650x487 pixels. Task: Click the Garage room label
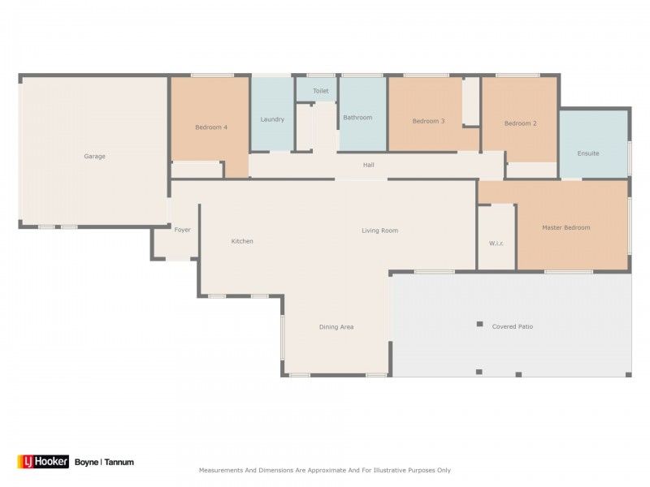point(95,157)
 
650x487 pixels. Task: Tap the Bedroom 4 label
point(211,127)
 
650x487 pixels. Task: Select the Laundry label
point(272,119)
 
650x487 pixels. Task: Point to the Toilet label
point(321,91)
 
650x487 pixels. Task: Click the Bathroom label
point(357,118)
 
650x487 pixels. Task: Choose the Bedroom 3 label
point(428,121)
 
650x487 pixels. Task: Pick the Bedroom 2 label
point(520,123)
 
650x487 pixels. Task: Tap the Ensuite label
point(588,153)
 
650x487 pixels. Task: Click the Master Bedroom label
point(565,228)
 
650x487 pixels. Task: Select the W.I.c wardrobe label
point(497,243)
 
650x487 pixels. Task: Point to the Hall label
point(369,166)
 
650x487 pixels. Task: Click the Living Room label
point(379,231)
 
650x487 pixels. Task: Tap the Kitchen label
point(242,241)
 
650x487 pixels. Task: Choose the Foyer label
point(183,230)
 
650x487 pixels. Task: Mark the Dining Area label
point(336,327)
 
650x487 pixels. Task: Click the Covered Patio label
point(512,326)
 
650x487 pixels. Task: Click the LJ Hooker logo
point(43,462)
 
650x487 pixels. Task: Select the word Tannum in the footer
point(119,463)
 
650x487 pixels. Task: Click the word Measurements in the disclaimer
point(224,470)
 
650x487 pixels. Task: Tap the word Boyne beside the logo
point(86,463)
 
